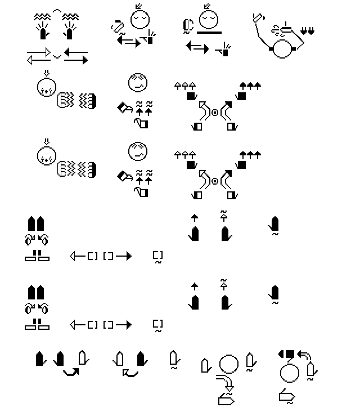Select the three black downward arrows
click(308, 30)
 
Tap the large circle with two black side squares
click(283, 50)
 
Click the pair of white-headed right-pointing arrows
click(39, 57)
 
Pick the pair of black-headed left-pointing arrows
click(76, 57)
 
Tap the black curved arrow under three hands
click(70, 372)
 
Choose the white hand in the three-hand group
click(83, 357)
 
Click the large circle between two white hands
click(229, 364)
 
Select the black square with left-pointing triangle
click(286, 355)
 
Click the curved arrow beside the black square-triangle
click(304, 356)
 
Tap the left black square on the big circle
click(271, 50)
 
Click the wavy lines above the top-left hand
click(41, 17)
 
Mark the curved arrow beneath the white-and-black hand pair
click(130, 372)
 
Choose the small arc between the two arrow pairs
click(57, 56)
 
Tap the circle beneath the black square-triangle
click(289, 373)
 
